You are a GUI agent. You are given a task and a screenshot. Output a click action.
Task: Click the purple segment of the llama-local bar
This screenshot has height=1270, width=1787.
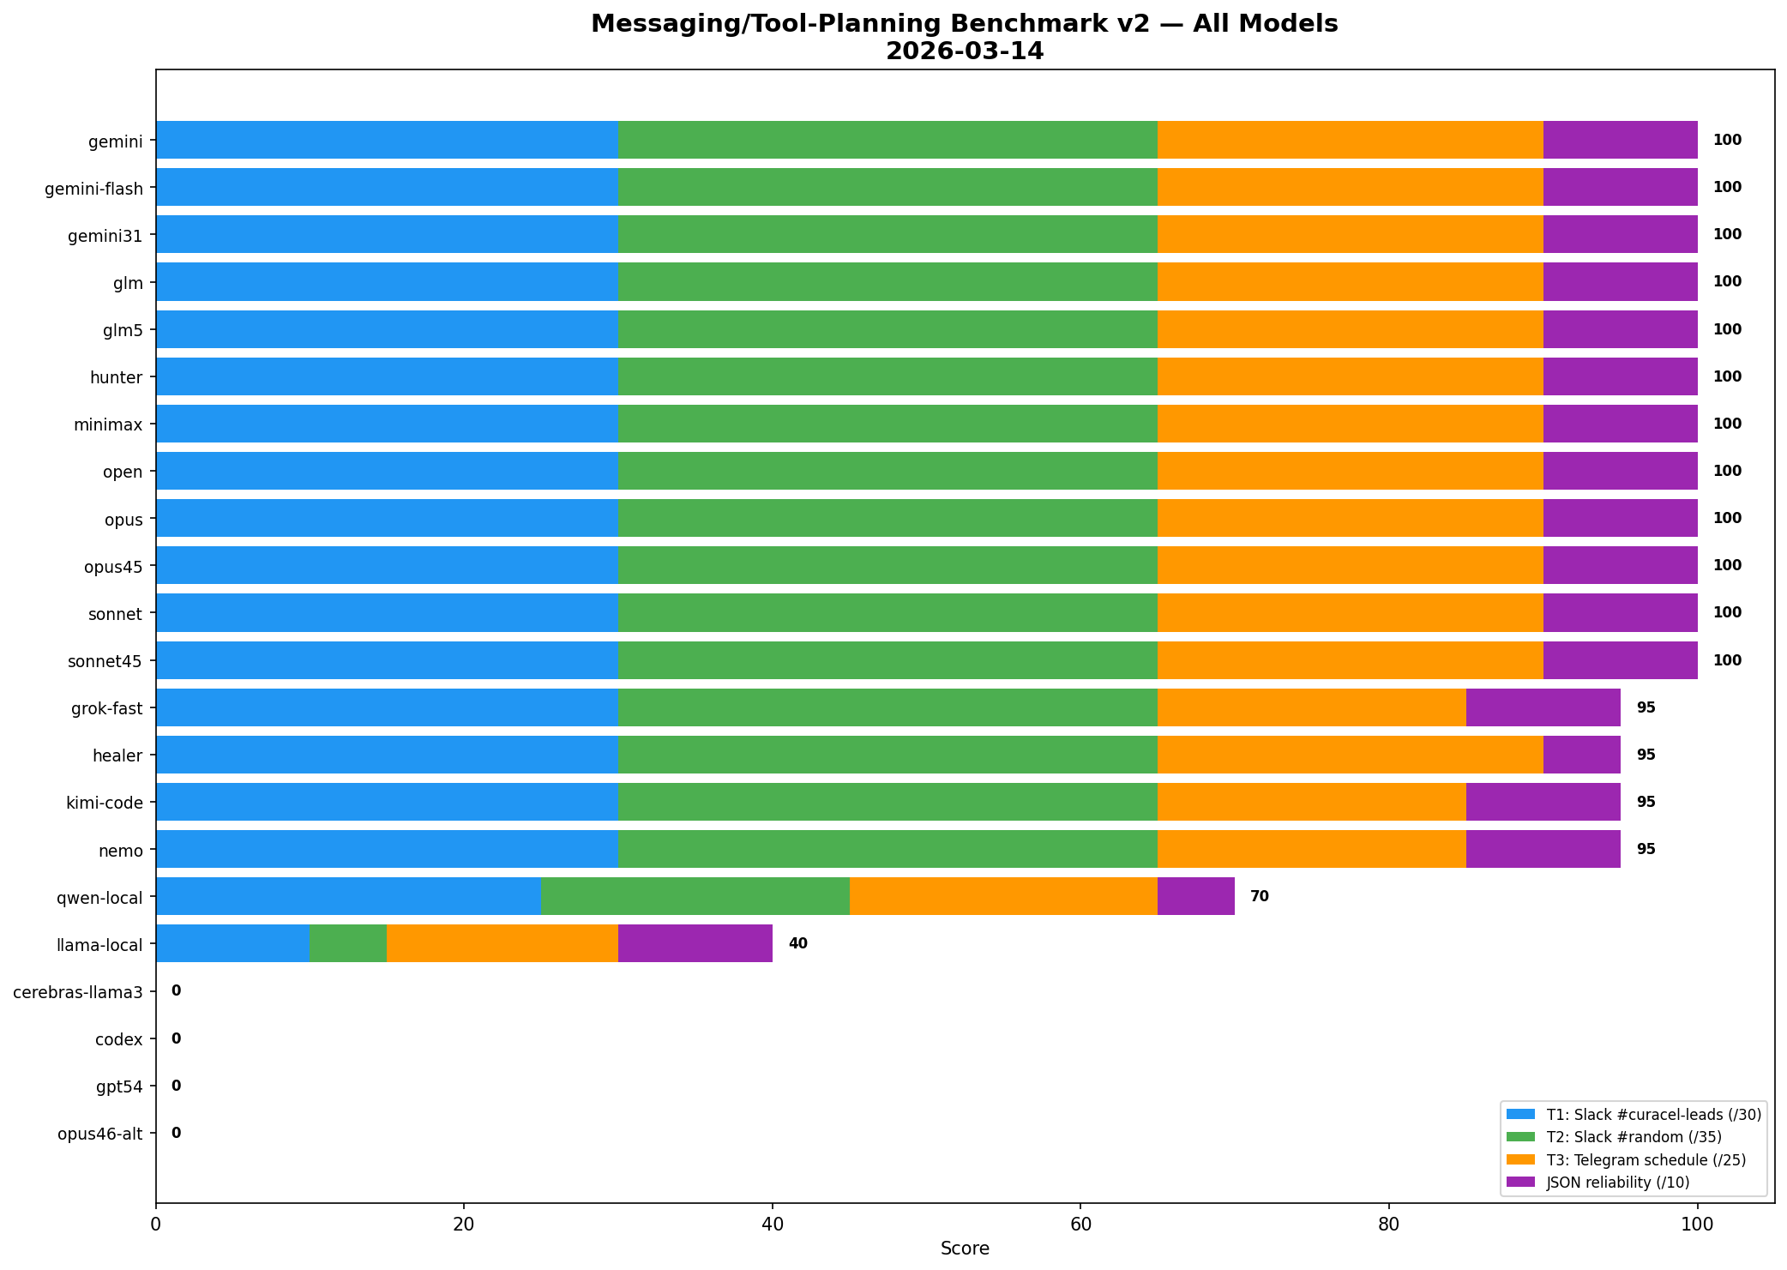(x=695, y=943)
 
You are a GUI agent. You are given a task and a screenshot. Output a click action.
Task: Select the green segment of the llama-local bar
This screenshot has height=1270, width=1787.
(x=348, y=943)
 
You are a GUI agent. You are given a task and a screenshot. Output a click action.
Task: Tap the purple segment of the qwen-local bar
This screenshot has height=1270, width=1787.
(x=1195, y=896)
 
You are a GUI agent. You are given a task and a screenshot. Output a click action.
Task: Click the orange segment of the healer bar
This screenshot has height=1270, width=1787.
(x=1350, y=755)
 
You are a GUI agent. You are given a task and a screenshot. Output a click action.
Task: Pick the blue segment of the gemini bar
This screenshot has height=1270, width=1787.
(x=387, y=140)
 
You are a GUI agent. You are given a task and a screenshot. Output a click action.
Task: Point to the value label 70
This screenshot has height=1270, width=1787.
(x=1259, y=896)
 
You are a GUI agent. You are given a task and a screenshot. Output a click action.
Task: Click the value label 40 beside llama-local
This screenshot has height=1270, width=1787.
(x=797, y=943)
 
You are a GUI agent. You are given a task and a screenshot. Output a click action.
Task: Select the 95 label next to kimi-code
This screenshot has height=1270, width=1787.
(x=1646, y=802)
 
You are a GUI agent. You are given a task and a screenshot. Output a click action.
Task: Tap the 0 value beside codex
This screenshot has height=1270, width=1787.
(x=176, y=1038)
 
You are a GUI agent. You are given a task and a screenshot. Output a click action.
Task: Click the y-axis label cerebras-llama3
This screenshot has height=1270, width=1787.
(x=78, y=992)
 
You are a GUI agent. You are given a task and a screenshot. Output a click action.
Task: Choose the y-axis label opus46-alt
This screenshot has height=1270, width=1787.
(x=100, y=1134)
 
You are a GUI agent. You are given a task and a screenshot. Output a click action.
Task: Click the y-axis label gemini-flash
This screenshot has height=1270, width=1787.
(x=93, y=188)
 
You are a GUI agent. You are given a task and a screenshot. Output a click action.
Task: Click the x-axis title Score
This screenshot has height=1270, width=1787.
(x=965, y=1249)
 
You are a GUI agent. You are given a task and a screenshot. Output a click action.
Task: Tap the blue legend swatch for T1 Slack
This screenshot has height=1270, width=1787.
(x=1521, y=1114)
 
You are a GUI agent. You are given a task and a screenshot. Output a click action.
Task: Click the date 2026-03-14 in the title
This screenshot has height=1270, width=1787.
(x=965, y=51)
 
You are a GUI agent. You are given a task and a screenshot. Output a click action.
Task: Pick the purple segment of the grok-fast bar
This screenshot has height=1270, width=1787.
(x=1543, y=707)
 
